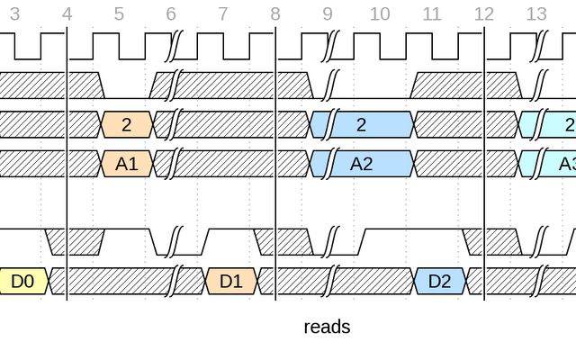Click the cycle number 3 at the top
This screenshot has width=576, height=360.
14,14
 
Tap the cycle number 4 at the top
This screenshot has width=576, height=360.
67,14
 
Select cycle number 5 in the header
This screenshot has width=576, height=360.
119,14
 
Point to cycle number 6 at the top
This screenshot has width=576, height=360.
171,14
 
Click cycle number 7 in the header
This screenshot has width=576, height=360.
223,14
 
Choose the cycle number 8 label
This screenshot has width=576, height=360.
275,14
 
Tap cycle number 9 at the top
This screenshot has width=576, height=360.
328,14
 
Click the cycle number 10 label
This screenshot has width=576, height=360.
380,14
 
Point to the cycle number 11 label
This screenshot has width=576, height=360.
432,14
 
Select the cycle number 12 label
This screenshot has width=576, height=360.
484,14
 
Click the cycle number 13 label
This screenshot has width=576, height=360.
536,14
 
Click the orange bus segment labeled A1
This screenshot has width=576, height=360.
127,164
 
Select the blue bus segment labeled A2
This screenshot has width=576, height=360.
362,164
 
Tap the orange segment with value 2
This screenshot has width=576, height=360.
127,124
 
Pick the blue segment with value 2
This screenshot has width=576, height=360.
362,124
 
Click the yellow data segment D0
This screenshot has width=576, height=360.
22,282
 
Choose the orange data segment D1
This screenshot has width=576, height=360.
231,282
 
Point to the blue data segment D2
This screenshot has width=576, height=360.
439,282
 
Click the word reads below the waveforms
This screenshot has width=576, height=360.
327,327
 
